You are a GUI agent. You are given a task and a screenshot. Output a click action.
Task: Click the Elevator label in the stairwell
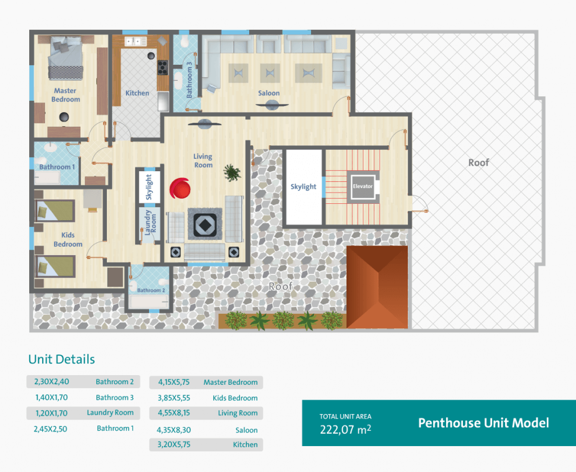pos(363,186)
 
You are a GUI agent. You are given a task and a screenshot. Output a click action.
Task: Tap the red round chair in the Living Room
pos(180,188)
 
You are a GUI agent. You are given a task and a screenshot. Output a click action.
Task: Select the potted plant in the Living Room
pos(232,172)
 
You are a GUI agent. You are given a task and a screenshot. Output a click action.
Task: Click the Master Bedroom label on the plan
pos(65,95)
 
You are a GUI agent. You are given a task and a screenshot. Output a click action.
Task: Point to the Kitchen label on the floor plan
pos(137,93)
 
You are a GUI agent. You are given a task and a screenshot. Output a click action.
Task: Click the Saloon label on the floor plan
pos(268,93)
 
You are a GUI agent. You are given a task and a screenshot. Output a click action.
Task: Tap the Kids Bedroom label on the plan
pos(68,239)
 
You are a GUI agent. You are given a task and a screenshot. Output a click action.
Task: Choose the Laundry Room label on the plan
pos(150,222)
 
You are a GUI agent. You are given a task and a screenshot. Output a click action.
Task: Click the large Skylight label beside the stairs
pos(303,186)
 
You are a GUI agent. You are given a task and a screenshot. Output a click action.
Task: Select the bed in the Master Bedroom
pos(65,58)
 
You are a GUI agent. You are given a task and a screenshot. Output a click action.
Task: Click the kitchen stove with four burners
pos(163,68)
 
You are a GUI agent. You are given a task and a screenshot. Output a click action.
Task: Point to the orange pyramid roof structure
pos(377,287)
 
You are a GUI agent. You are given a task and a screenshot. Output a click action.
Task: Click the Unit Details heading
pos(62,359)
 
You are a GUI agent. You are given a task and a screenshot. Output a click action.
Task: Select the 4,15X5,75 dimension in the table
pos(174,382)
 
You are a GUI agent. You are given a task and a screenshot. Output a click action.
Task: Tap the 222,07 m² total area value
pos(345,429)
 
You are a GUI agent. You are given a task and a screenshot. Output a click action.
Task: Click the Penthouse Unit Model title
pos(483,423)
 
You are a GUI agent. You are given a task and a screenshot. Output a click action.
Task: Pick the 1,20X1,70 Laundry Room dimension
pos(51,413)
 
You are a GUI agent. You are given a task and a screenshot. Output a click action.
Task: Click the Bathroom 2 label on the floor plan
pos(151,290)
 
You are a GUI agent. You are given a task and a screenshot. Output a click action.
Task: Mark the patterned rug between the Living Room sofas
pos(205,224)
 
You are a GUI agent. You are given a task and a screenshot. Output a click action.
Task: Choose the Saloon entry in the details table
pos(246,430)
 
